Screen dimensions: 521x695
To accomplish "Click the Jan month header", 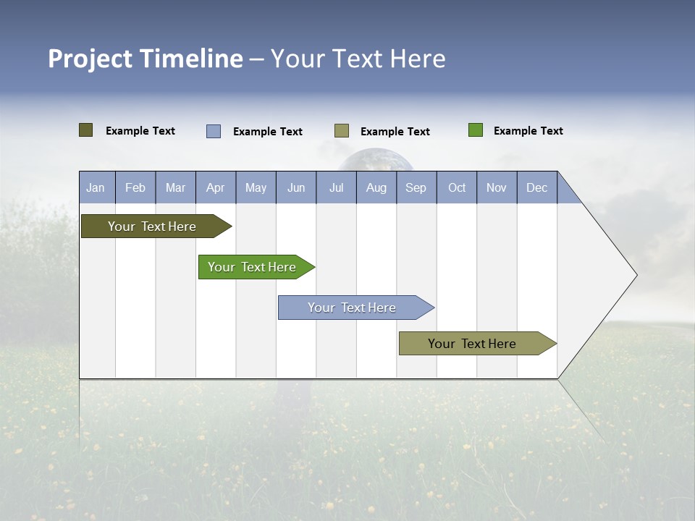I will tap(96, 188).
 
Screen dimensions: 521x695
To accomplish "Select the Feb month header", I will tap(135, 188).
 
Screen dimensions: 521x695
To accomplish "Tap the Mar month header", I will tap(176, 188).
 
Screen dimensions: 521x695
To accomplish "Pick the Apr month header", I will tap(216, 188).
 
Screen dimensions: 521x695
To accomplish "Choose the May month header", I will tap(256, 188).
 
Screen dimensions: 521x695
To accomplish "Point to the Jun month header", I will tap(296, 188).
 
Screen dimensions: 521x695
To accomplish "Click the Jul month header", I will tap(337, 188).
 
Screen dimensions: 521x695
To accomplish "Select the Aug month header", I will tap(376, 188).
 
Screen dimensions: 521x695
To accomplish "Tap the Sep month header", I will tap(416, 188).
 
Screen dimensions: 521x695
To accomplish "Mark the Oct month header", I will tap(457, 188).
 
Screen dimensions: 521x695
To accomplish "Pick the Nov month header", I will tap(497, 188).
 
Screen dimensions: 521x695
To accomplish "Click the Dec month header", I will tap(537, 188).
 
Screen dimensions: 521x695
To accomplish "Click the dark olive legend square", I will tap(86, 130).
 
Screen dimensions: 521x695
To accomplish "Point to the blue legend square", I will tap(214, 131).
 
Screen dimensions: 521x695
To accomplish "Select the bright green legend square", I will tap(476, 130).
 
